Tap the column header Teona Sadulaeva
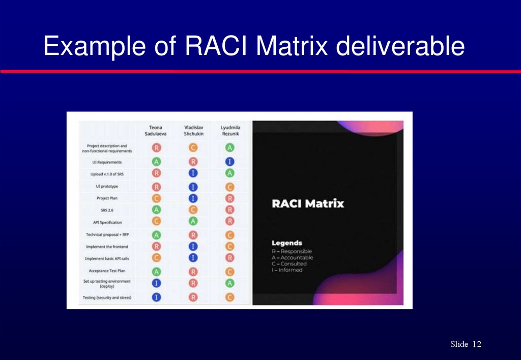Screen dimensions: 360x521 pos(156,130)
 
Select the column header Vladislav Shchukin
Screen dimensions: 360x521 pos(193,130)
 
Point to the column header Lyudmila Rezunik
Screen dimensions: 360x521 pos(229,130)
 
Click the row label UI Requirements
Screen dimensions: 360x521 pos(107,162)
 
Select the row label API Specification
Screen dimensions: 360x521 pos(107,222)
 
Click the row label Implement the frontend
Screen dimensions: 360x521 pos(107,247)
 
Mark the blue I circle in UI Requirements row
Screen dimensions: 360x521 pos(229,162)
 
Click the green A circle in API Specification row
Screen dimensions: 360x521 pos(193,221)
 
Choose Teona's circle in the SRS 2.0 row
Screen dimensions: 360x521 pos(156,209)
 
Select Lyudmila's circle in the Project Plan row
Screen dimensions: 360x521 pos(229,198)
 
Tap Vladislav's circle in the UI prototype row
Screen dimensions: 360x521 pos(193,186)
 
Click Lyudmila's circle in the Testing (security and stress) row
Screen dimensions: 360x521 pos(229,297)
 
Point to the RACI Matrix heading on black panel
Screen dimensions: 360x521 pos(308,204)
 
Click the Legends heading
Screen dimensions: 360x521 pos(286,243)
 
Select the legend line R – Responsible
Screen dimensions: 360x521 pos(292,251)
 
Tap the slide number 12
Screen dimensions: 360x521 pos(476,345)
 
